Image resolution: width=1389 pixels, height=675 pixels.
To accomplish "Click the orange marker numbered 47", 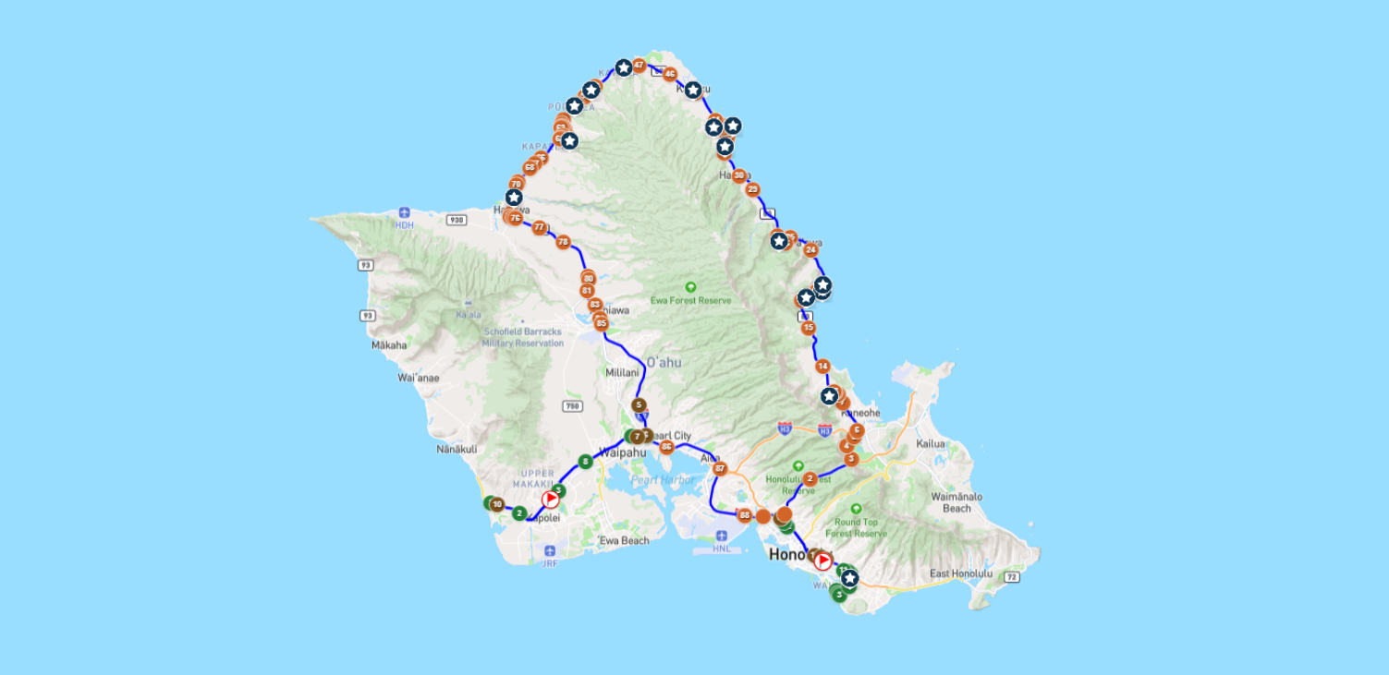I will coord(639,66).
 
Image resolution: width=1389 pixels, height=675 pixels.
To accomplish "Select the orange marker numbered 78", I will coord(563,243).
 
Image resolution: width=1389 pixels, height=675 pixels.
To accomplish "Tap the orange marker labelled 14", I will coord(822,367).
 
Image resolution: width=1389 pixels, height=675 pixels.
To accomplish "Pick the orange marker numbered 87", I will coord(720,469).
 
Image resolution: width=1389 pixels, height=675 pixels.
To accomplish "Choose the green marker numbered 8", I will coord(584,461).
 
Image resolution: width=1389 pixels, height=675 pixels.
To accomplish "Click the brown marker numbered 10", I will coord(497,504).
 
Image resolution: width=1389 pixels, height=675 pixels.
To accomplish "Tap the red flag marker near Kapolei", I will coord(551,500).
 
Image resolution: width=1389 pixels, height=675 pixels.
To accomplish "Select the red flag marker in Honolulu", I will coord(822,560).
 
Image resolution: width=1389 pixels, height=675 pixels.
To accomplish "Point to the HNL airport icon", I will coord(722,536).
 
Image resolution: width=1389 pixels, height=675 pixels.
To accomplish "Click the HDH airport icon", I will coord(404,213).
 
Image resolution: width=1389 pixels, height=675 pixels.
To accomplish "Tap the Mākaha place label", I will coord(389,345).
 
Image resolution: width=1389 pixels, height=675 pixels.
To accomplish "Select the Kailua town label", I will coord(931,444).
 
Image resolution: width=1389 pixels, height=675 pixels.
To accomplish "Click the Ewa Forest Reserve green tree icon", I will coord(689,287).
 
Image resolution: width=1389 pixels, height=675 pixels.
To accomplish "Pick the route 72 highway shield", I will coord(1012,577).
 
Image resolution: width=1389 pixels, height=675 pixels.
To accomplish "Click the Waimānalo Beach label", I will coord(956,502).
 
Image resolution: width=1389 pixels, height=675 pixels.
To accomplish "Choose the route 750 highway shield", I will coord(573,405).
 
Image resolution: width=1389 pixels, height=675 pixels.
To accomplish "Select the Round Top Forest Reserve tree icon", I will coord(856,509).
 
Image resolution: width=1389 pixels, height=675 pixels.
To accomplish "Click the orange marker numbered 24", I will coord(810,250).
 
